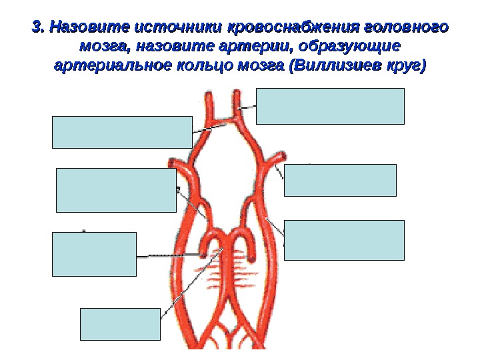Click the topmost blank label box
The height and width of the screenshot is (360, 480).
click(330, 106)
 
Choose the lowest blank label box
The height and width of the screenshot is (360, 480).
click(120, 324)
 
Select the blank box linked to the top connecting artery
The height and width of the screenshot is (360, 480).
click(122, 131)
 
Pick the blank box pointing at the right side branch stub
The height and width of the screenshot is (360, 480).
click(340, 180)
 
